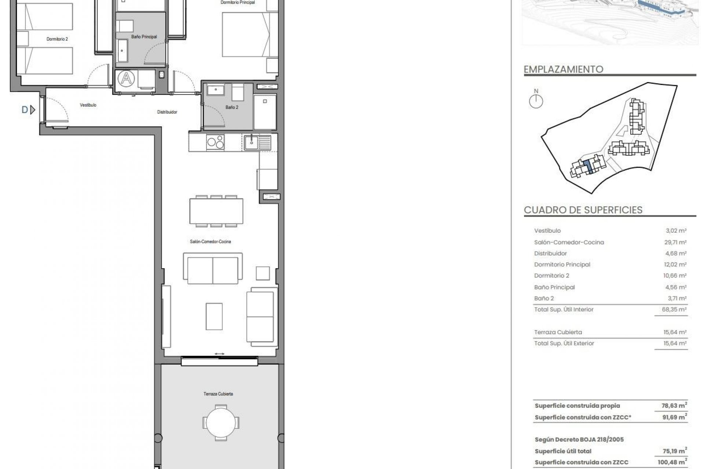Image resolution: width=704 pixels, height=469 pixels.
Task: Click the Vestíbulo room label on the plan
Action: click(88, 105)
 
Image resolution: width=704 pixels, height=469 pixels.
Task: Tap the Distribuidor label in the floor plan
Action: click(167, 112)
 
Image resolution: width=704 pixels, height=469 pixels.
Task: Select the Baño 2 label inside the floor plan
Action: click(232, 107)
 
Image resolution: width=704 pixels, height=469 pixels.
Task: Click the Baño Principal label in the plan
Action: click(144, 37)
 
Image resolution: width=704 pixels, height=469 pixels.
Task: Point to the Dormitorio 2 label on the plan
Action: click(57, 39)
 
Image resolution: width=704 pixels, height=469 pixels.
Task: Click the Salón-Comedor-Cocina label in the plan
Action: click(210, 242)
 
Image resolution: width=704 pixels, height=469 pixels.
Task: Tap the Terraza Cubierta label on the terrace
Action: click(218, 394)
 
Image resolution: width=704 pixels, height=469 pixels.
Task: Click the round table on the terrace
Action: click(221, 423)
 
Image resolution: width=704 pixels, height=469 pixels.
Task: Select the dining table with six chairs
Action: click(216, 211)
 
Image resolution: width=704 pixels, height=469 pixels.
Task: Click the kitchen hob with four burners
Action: click(215, 142)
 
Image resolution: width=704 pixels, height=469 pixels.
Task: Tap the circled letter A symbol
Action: click(126, 78)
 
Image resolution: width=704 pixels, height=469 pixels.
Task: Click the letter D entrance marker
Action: click(25, 110)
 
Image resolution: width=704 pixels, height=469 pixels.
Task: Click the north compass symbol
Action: click(536, 101)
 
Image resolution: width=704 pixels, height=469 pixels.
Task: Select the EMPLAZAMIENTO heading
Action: click(563, 69)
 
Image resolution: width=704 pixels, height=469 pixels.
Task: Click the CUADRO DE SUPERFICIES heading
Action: click(583, 210)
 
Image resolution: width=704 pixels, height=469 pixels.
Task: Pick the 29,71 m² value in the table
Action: click(676, 242)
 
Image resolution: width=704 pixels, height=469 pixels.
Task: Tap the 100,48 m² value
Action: click(672, 463)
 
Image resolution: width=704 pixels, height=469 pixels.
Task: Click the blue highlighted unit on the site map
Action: click(588, 167)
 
